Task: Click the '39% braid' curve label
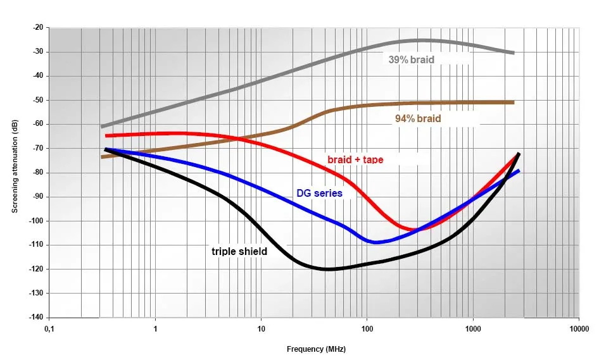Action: [x=411, y=60]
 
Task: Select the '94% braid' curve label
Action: [x=418, y=118]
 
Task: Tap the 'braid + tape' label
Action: [x=355, y=159]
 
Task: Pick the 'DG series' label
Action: [x=319, y=193]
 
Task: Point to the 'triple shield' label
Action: [x=239, y=251]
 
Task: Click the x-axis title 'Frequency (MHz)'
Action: [x=316, y=349]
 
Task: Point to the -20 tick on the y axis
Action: [x=37, y=28]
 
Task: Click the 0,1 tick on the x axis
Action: [x=49, y=329]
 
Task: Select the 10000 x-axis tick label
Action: [x=579, y=329]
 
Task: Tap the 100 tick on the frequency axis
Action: [x=367, y=329]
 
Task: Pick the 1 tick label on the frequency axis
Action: [x=155, y=329]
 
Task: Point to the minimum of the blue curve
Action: [x=375, y=242]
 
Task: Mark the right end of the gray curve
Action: [x=513, y=53]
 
